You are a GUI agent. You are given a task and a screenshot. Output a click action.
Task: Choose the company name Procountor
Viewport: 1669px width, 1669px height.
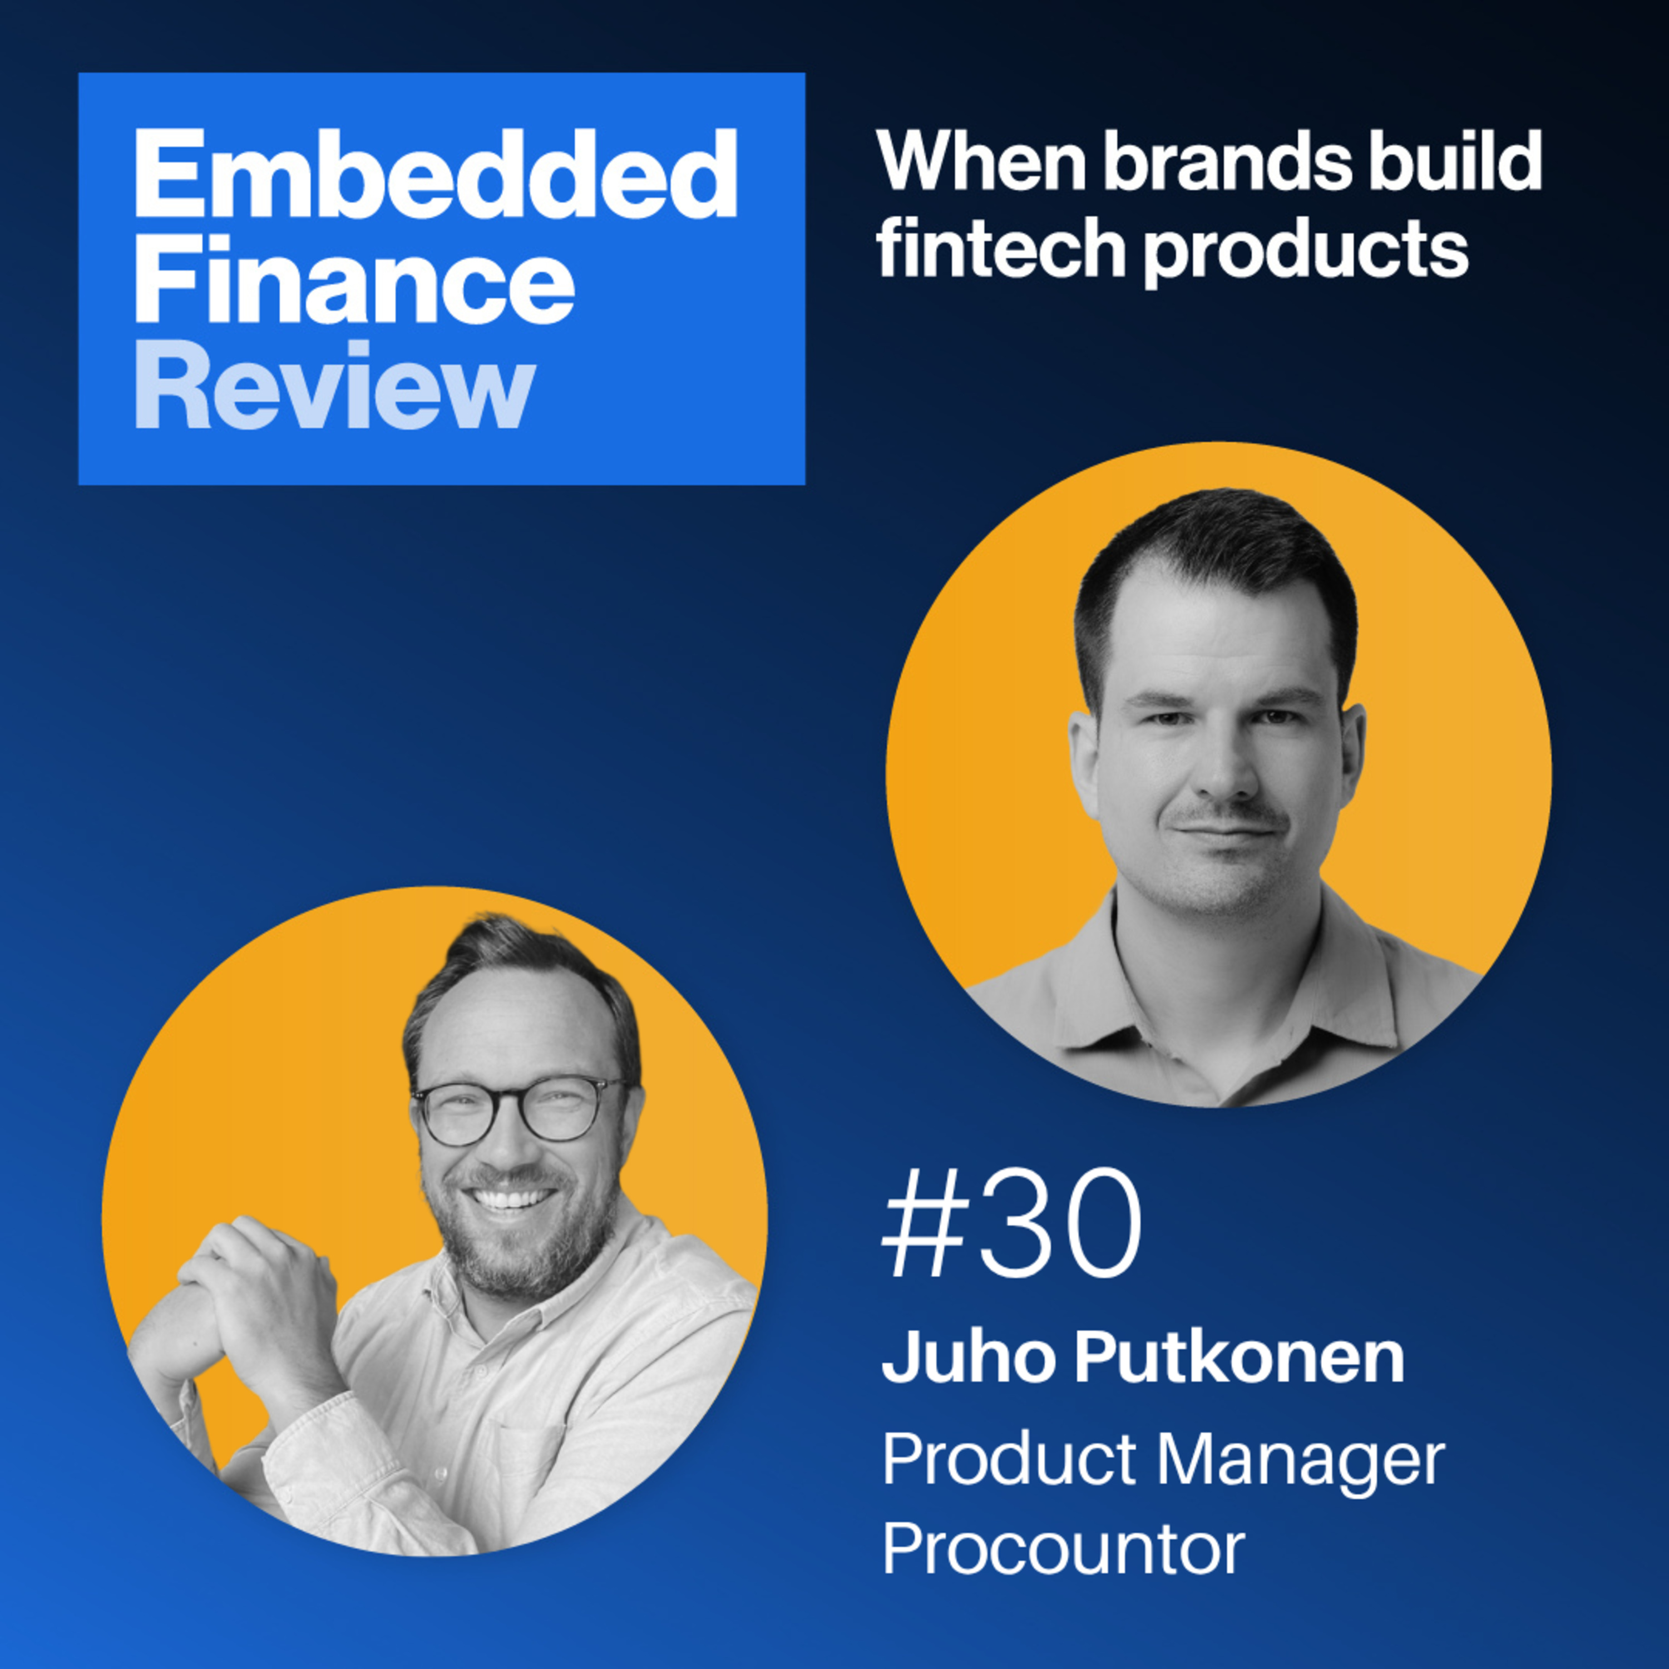tap(1063, 1548)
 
